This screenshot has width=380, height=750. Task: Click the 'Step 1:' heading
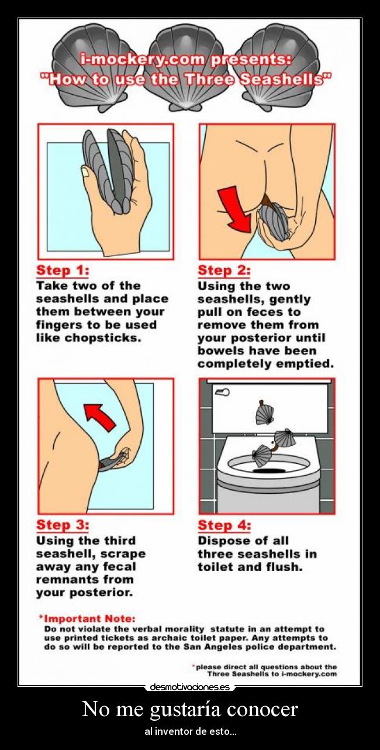point(63,270)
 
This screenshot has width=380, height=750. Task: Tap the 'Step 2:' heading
point(224,270)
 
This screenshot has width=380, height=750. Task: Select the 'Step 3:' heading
point(63,525)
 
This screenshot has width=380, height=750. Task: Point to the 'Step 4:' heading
point(224,525)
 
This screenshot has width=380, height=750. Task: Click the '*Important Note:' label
point(87,618)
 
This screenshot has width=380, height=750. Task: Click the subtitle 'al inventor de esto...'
point(191,732)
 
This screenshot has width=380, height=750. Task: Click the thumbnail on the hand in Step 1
point(85,172)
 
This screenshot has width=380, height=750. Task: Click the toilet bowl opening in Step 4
point(270,470)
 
